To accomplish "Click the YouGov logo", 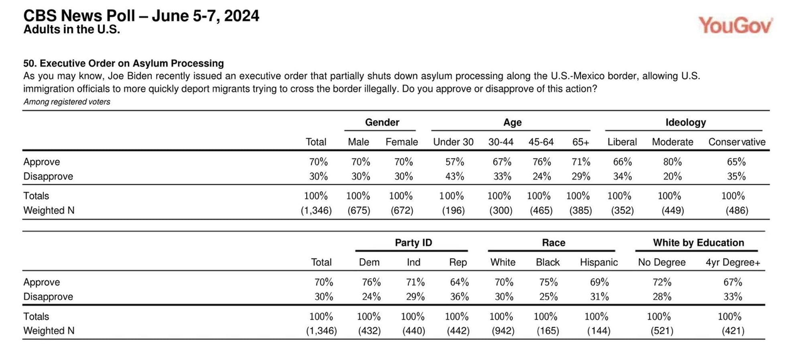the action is (735, 26).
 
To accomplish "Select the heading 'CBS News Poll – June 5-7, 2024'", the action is (141, 16).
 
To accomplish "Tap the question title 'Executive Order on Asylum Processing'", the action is (132, 63).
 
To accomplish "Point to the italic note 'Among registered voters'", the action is (66, 102).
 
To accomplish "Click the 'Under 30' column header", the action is (453, 142).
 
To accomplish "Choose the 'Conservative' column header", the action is (737, 142).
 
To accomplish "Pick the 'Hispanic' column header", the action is (598, 262).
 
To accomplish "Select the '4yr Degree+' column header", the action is (733, 262).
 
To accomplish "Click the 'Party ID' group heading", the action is (413, 243).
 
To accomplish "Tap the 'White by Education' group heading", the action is (698, 243).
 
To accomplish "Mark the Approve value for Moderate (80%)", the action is (672, 162).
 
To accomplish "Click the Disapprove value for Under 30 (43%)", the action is (455, 176).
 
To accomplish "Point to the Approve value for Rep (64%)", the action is (459, 282).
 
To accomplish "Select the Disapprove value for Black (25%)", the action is (548, 297).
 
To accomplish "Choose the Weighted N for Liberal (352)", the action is (622, 211).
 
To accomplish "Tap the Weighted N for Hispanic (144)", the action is (598, 331).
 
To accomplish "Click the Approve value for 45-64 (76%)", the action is (541, 162).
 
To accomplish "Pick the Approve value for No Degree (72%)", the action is (662, 282).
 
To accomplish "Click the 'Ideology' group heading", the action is (686, 123).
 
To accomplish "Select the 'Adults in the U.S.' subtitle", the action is (72, 29).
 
